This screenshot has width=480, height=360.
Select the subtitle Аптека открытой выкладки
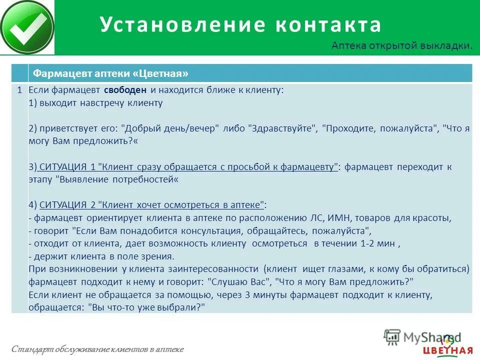(401, 46)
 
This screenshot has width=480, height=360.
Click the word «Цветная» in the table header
(160, 74)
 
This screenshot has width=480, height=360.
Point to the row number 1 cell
(19, 90)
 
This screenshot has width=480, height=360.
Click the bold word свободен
(125, 90)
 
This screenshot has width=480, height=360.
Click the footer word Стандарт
(28, 349)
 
